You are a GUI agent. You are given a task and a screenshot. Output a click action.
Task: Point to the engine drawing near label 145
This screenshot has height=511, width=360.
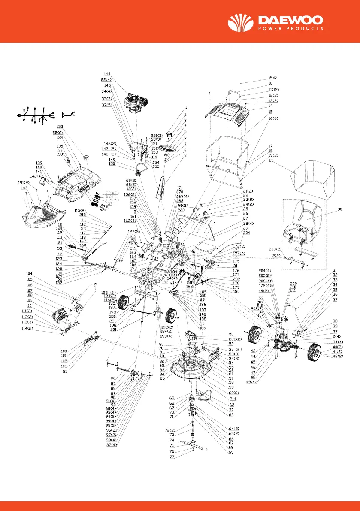(136, 103)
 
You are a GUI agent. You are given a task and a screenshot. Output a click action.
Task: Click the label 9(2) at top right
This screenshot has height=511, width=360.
(272, 77)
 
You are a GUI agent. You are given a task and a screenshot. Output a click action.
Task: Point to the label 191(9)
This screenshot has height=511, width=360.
(24, 183)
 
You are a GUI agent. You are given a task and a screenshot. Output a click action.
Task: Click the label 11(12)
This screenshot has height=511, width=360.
(273, 89)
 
